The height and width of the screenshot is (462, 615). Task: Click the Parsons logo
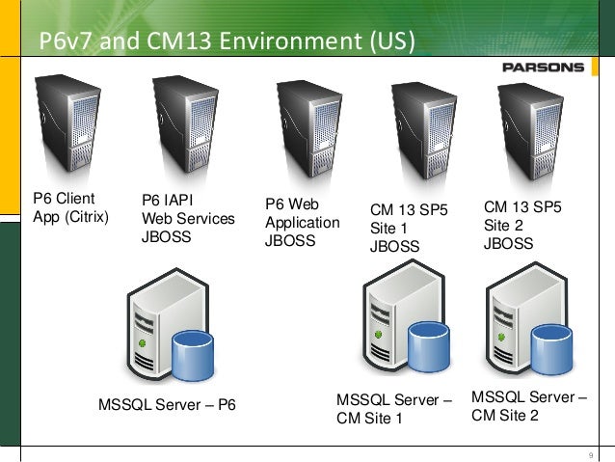coord(543,67)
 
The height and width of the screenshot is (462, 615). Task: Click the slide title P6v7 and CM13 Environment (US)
coord(226,41)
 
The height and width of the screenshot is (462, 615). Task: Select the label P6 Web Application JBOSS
coord(302,223)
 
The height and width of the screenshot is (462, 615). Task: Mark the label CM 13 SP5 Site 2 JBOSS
coord(521,225)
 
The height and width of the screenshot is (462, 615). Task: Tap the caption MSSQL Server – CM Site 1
coord(393,408)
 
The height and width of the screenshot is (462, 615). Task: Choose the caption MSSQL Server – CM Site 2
coord(528,405)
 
